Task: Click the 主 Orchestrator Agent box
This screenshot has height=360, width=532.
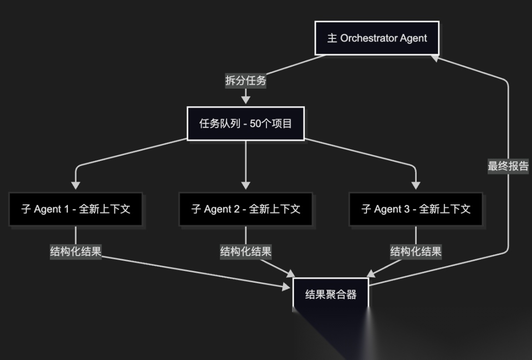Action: (x=377, y=38)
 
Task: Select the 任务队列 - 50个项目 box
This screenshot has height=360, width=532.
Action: (x=246, y=123)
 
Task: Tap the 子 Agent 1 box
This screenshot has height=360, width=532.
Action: (x=75, y=209)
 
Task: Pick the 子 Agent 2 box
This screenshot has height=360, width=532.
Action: (x=246, y=209)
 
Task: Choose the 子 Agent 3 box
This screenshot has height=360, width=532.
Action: (x=416, y=209)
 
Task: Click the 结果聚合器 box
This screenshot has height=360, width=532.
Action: (x=331, y=295)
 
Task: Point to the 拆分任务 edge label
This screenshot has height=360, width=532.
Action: (x=246, y=81)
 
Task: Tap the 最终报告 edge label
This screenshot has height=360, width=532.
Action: (x=508, y=166)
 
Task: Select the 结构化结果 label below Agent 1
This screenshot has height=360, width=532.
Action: (x=75, y=252)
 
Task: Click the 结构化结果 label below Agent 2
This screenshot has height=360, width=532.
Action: (x=246, y=252)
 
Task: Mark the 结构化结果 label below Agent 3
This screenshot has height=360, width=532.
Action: (x=416, y=252)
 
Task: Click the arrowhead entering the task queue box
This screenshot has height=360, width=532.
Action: (x=246, y=100)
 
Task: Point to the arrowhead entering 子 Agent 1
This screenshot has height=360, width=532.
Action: (x=75, y=186)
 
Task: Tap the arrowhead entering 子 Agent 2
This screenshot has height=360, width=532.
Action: (x=246, y=186)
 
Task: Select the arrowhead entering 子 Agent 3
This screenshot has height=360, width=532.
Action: (x=416, y=186)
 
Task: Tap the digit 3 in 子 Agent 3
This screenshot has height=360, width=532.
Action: (x=407, y=209)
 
